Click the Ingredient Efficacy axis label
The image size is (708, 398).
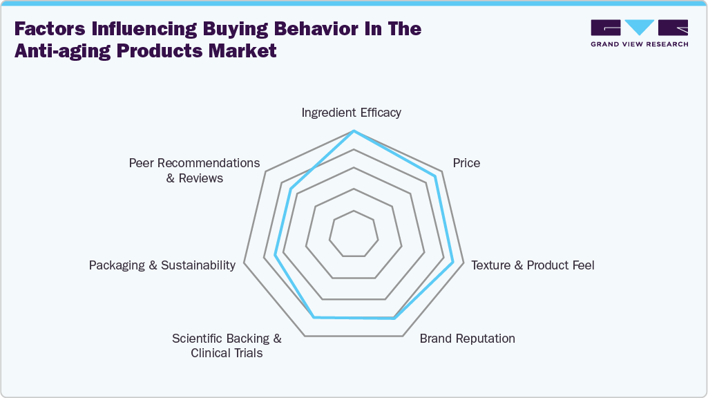pos(351,113)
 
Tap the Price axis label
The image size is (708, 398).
pos(466,163)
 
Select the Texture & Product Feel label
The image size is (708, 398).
pos(533,265)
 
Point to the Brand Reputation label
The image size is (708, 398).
pos(467,339)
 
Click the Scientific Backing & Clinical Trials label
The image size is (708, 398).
pos(227,345)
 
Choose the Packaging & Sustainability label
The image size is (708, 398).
pos(162,265)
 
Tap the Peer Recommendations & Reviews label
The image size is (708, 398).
pos(195,171)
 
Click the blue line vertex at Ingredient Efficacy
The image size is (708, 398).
pos(354,131)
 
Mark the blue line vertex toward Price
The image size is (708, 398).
pos(435,176)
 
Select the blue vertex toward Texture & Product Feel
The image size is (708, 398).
pos(453,263)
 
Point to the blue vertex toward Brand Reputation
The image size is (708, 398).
pos(394,319)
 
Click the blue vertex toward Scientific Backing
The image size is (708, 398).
pos(314,317)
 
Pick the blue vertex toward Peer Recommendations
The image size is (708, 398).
pos(291,189)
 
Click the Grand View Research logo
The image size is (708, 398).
pos(639,33)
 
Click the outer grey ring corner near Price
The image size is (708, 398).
pos(441,170)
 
